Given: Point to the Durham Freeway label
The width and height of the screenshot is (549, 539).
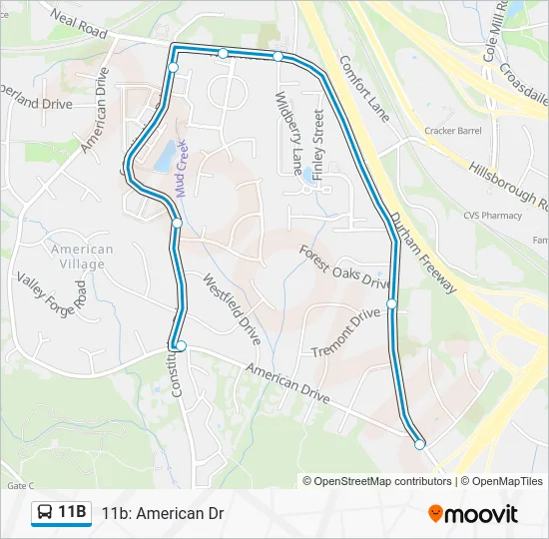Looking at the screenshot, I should pyautogui.click(x=423, y=253).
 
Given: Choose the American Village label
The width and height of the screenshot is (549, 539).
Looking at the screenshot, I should pyautogui.click(x=82, y=257).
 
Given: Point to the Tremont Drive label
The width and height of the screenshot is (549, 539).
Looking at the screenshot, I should pyautogui.click(x=346, y=332).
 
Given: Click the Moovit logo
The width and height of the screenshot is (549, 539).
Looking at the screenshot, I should pyautogui.click(x=473, y=514).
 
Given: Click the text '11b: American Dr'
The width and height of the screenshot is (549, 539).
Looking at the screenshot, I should pyautogui.click(x=163, y=514).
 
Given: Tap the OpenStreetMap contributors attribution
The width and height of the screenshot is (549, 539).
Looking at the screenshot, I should pyautogui.click(x=378, y=481).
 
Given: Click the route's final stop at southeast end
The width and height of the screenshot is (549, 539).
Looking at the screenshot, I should pyautogui.click(x=420, y=444).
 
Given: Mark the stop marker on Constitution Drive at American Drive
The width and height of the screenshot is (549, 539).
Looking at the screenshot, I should pyautogui.click(x=181, y=345).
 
